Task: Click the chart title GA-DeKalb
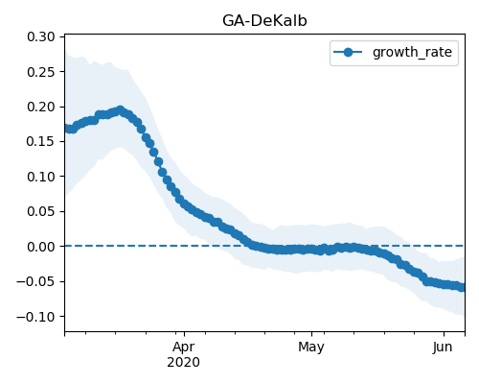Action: (x=264, y=21)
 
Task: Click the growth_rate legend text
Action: (x=412, y=52)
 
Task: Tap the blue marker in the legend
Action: (x=348, y=52)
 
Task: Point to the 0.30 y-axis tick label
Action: (x=41, y=36)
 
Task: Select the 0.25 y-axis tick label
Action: (x=41, y=72)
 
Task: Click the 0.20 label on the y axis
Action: (x=41, y=107)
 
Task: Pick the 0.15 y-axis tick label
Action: (x=41, y=141)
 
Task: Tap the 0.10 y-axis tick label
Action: (x=41, y=177)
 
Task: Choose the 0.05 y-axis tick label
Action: (x=41, y=211)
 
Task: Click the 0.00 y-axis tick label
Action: (x=41, y=247)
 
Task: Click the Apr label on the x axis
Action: (x=184, y=348)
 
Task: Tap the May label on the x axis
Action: (x=311, y=348)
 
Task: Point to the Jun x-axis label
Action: (x=443, y=347)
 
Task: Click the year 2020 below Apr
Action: (x=184, y=362)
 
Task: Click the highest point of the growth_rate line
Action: (x=121, y=110)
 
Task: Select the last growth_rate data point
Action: (x=462, y=287)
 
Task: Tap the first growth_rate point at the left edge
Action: (x=67, y=129)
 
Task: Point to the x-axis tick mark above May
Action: (x=312, y=334)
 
